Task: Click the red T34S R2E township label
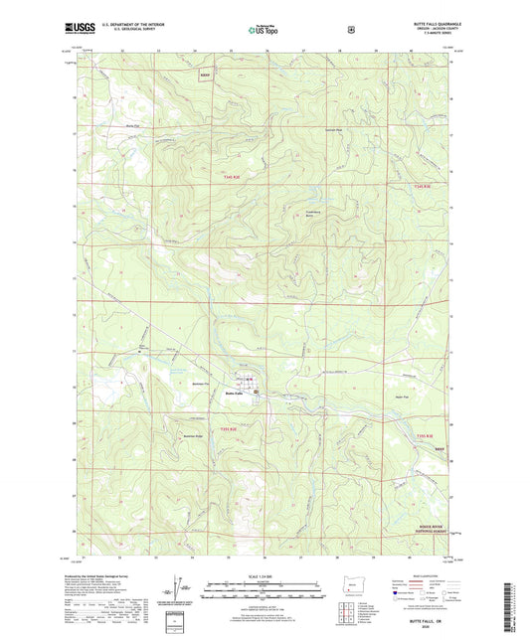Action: click(228, 178)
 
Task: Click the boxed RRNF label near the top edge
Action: click(205, 75)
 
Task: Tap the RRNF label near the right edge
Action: click(442, 448)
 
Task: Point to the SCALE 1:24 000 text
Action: click(265, 575)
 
